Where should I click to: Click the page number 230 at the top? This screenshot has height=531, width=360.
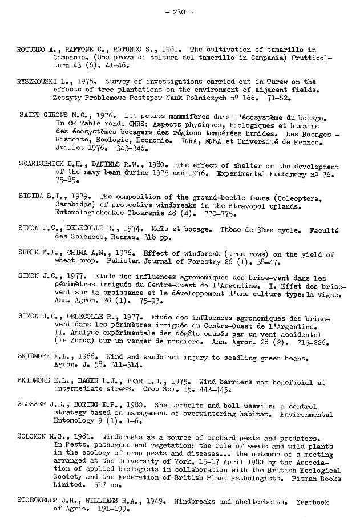coord(180,11)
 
